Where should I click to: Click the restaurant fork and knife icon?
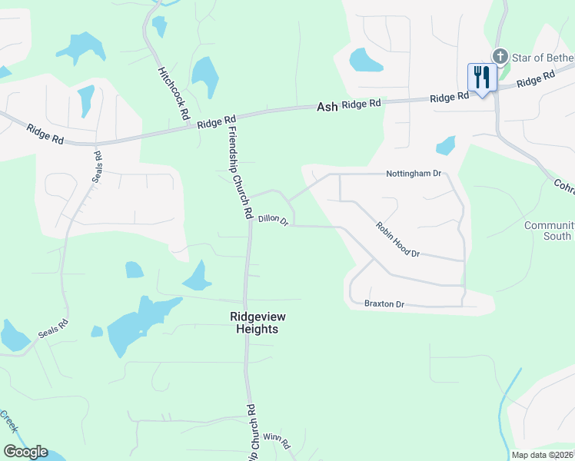point(482,78)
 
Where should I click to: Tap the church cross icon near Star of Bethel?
point(500,56)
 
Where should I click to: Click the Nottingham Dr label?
point(414,174)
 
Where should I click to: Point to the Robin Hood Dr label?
point(397,239)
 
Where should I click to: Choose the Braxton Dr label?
point(384,304)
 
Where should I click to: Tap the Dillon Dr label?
point(273,220)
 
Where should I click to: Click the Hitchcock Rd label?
point(174,91)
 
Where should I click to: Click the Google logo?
point(25,452)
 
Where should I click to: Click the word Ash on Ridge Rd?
point(327,108)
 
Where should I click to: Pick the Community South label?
point(548,230)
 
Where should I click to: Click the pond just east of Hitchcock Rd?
point(205,77)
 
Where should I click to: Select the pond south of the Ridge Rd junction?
point(445,145)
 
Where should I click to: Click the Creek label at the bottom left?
point(9,422)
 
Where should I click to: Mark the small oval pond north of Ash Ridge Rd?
point(365,59)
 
